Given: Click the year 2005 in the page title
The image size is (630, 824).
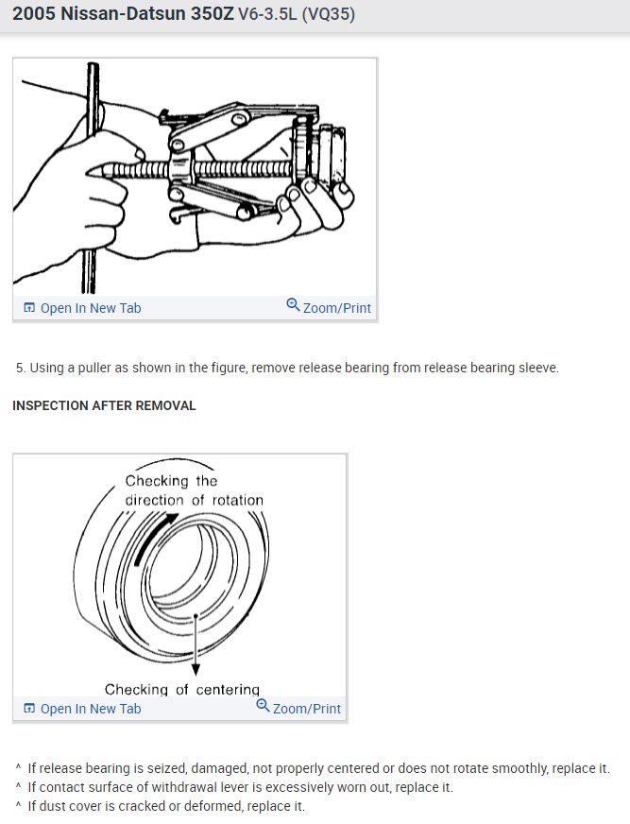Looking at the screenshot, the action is point(34,15).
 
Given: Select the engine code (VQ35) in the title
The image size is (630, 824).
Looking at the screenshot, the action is point(328,15).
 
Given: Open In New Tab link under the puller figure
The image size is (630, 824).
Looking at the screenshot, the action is point(90,308).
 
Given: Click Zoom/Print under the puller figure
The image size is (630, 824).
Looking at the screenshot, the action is point(336,308).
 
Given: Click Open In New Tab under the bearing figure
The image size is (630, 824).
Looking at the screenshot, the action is point(90,709).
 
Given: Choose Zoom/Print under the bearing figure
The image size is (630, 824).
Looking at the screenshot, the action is point(306,709).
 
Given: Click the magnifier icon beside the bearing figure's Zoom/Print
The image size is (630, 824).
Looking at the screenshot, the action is point(263,707).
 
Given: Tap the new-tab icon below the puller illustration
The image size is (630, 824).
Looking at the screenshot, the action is point(28,308).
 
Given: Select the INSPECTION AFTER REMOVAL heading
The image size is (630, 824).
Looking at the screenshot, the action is point(104,405).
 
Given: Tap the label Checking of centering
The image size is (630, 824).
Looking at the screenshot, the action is point(181,690).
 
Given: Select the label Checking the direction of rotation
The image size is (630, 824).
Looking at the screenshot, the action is point(194,490).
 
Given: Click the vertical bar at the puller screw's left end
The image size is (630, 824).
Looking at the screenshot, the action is point(93,170).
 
